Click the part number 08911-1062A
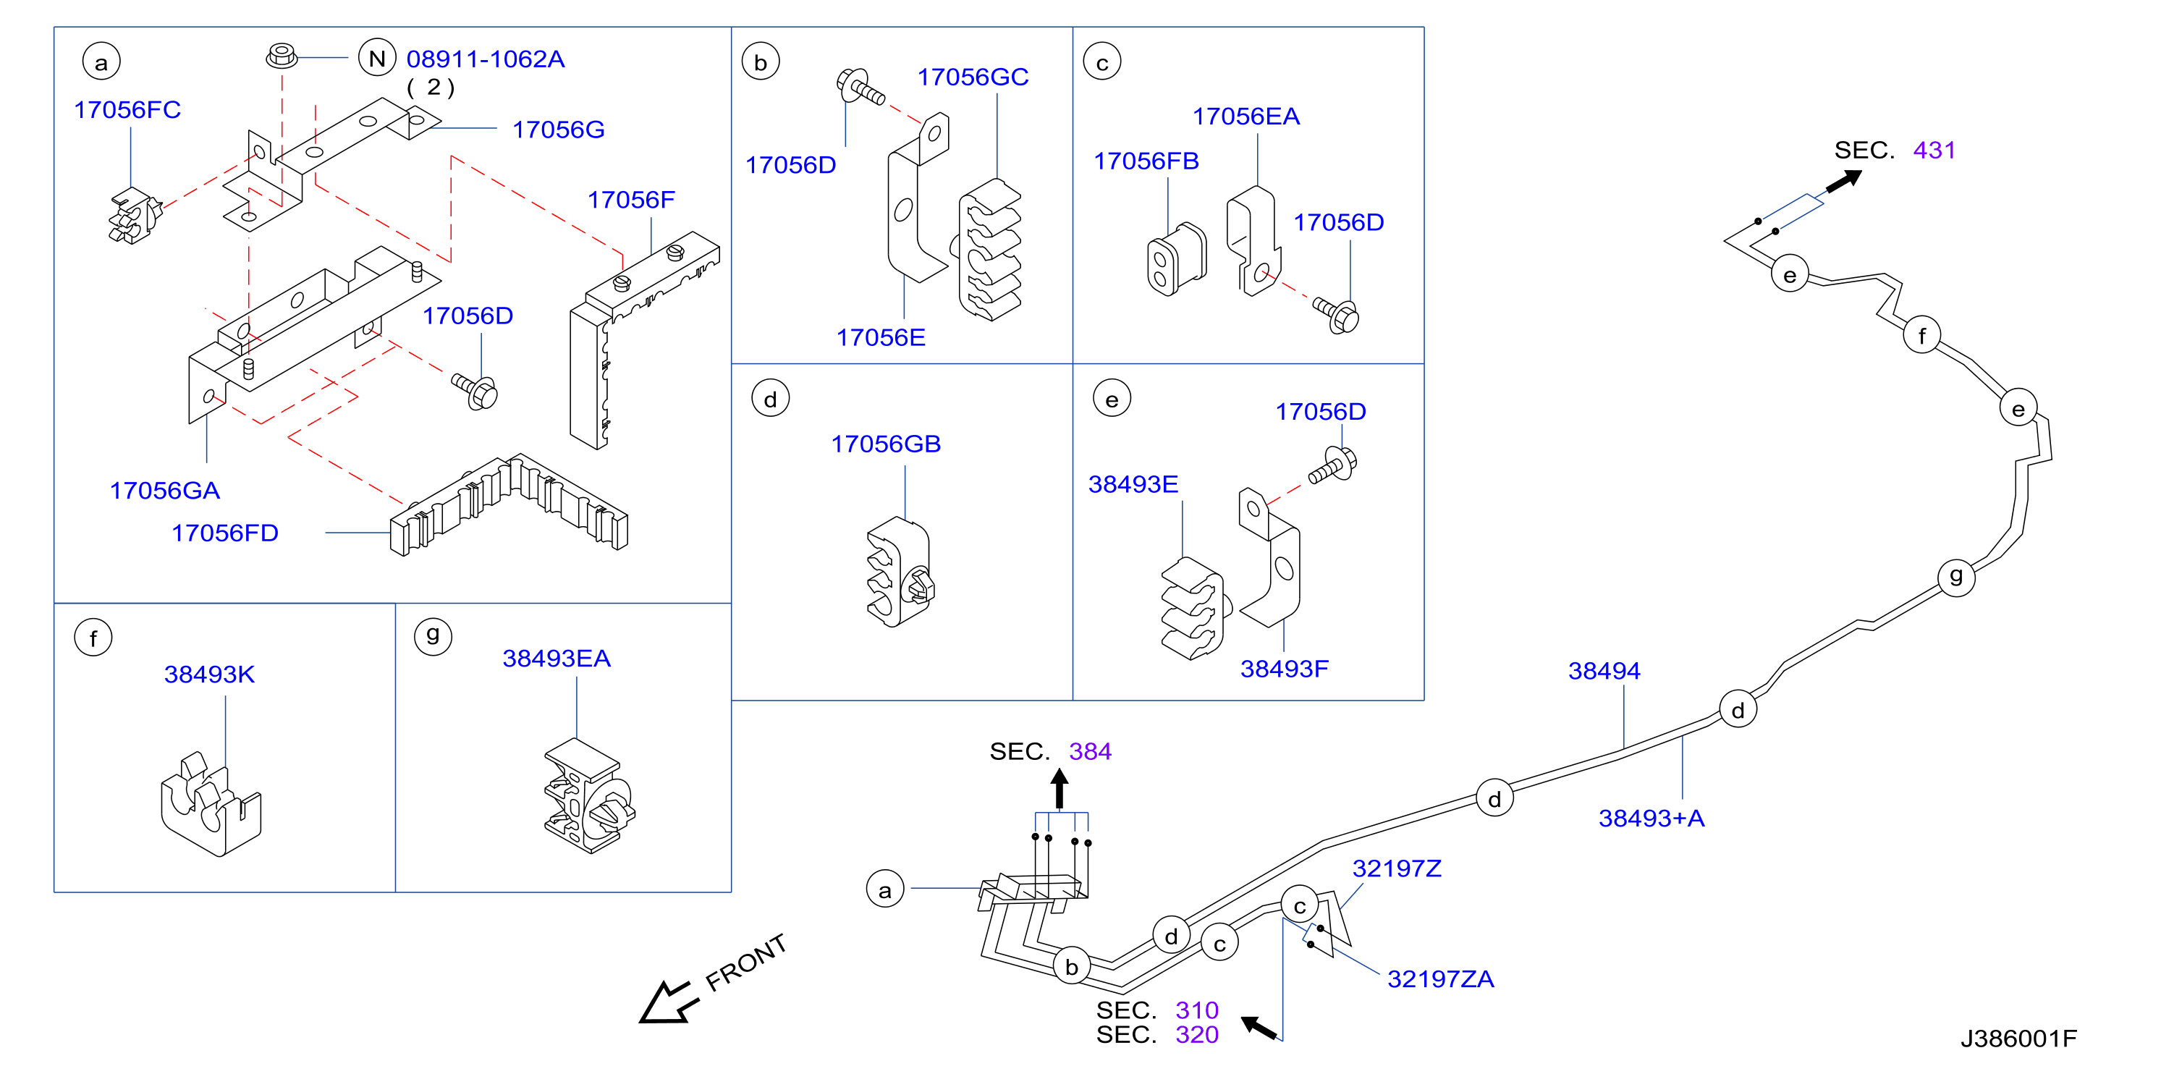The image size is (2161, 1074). click(486, 59)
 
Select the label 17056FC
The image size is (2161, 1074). click(127, 110)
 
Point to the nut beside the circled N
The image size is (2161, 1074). click(282, 56)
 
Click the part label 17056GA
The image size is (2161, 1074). click(164, 491)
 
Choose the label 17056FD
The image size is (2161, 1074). click(225, 533)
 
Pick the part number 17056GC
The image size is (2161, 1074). click(973, 77)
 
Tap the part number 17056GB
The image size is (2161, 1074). click(886, 444)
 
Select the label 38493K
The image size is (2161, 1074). click(209, 675)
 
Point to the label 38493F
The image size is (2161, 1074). click(1285, 669)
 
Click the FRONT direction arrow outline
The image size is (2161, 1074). click(669, 1001)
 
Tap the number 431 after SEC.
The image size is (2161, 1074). click(1934, 151)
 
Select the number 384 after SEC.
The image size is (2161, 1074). click(1090, 751)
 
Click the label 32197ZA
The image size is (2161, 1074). click(1440, 979)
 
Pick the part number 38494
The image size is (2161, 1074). click(1604, 672)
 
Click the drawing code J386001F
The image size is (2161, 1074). click(2018, 1039)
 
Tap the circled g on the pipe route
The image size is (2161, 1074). click(1956, 578)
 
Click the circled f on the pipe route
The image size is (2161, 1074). click(1922, 336)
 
